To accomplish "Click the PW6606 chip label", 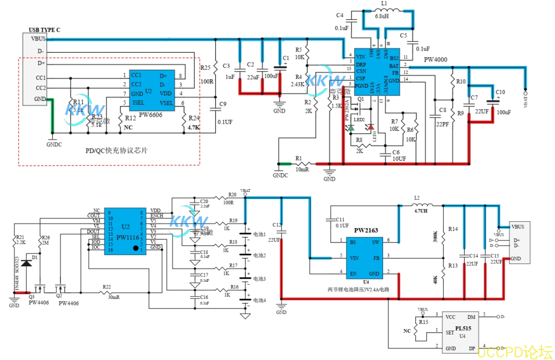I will tap(151, 116).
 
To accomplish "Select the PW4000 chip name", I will tap(436, 59).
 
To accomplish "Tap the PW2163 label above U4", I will tap(366, 230).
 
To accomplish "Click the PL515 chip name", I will tap(464, 328).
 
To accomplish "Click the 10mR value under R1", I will tap(302, 169).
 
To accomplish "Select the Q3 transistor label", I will tap(32, 296).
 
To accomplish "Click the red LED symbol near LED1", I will tap(371, 127).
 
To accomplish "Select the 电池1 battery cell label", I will tap(259, 234).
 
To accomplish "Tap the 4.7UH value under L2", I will tap(421, 211).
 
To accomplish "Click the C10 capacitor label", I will tap(500, 92).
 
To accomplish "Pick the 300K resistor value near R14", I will tap(435, 236).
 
